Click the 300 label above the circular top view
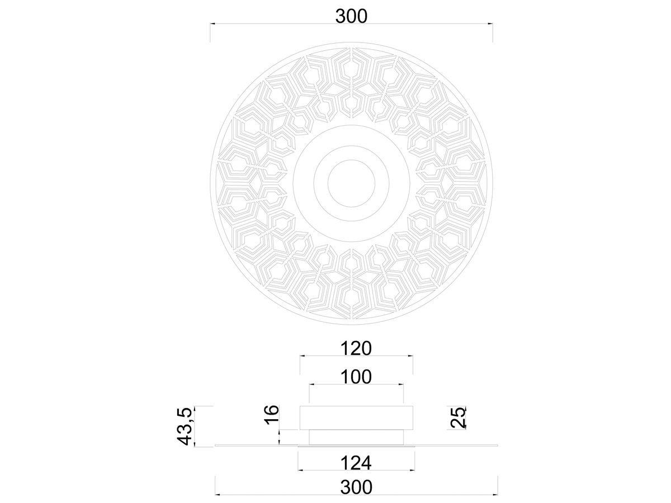point(351,16)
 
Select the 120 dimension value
point(356,348)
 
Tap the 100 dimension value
point(356,377)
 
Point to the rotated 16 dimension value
point(272,415)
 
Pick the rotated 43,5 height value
point(185,426)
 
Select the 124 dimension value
point(356,463)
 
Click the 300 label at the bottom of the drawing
point(356,487)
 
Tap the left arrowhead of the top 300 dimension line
point(213,23)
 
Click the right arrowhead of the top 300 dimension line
point(490,23)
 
